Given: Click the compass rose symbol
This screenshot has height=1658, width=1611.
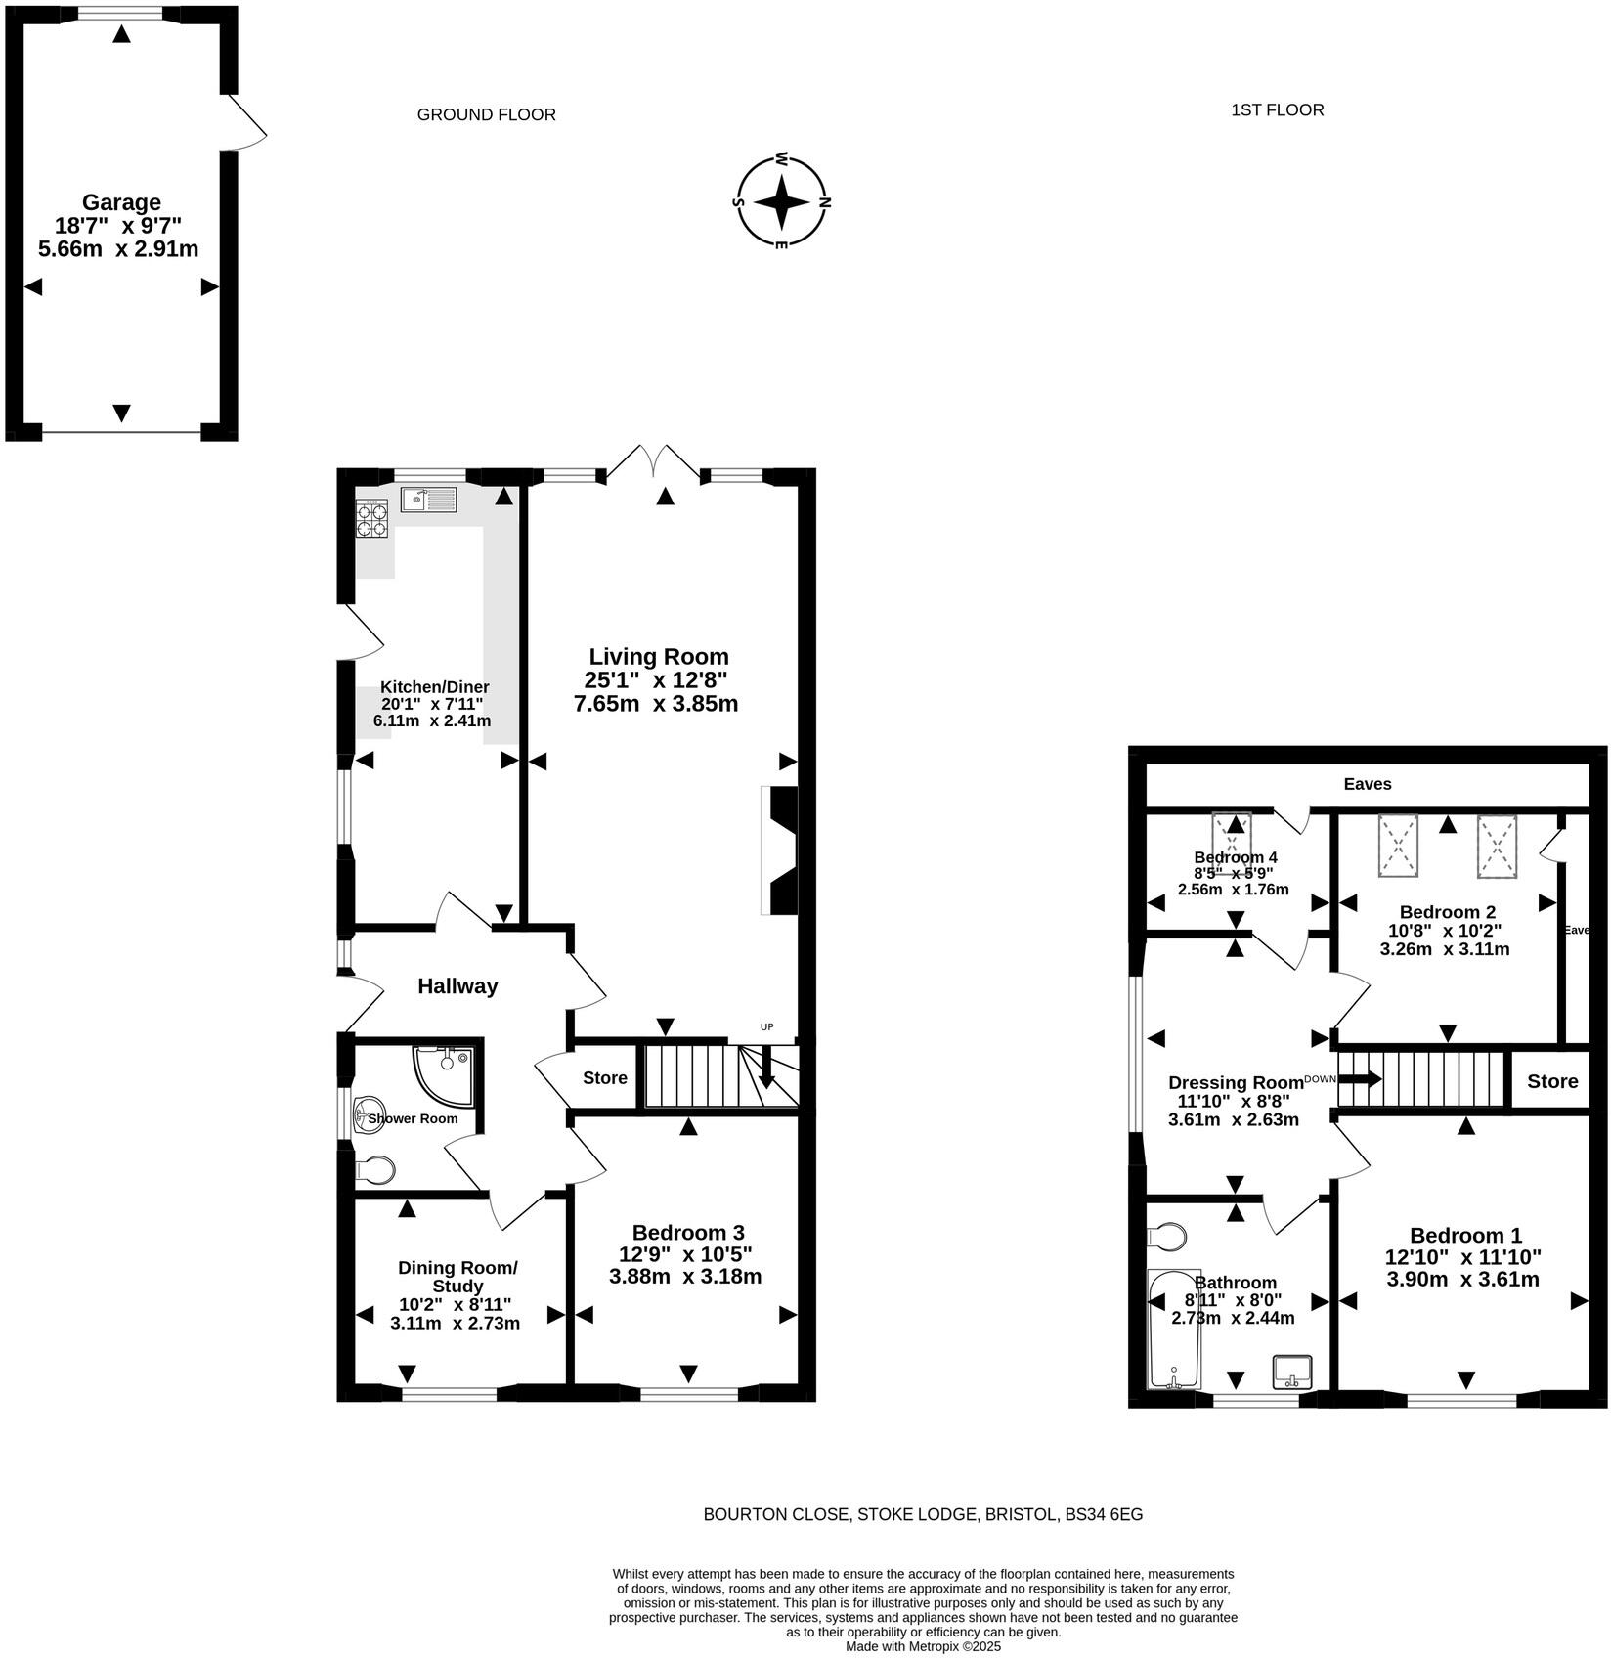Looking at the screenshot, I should [781, 202].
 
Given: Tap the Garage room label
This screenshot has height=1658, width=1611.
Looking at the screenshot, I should [121, 202].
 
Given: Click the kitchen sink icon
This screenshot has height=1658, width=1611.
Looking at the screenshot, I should [428, 501].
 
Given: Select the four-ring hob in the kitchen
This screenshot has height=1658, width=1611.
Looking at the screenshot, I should [371, 518].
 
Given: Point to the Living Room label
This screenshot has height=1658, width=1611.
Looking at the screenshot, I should [658, 656].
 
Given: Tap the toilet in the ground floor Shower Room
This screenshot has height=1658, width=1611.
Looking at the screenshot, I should [376, 1169].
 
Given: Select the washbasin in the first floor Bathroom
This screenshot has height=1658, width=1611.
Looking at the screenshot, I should [1291, 1372].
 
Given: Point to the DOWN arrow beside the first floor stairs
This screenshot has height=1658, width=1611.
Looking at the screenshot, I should [1360, 1079].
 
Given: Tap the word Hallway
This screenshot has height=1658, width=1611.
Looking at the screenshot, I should [457, 986].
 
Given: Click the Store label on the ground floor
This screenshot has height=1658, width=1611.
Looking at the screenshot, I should [604, 1078].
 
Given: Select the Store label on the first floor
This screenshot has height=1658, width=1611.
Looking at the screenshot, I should [1551, 1081].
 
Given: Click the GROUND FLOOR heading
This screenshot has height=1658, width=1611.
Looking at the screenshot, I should [486, 114].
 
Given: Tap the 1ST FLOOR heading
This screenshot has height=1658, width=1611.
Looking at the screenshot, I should [1277, 109].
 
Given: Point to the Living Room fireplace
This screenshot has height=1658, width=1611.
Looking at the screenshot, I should [780, 851].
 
